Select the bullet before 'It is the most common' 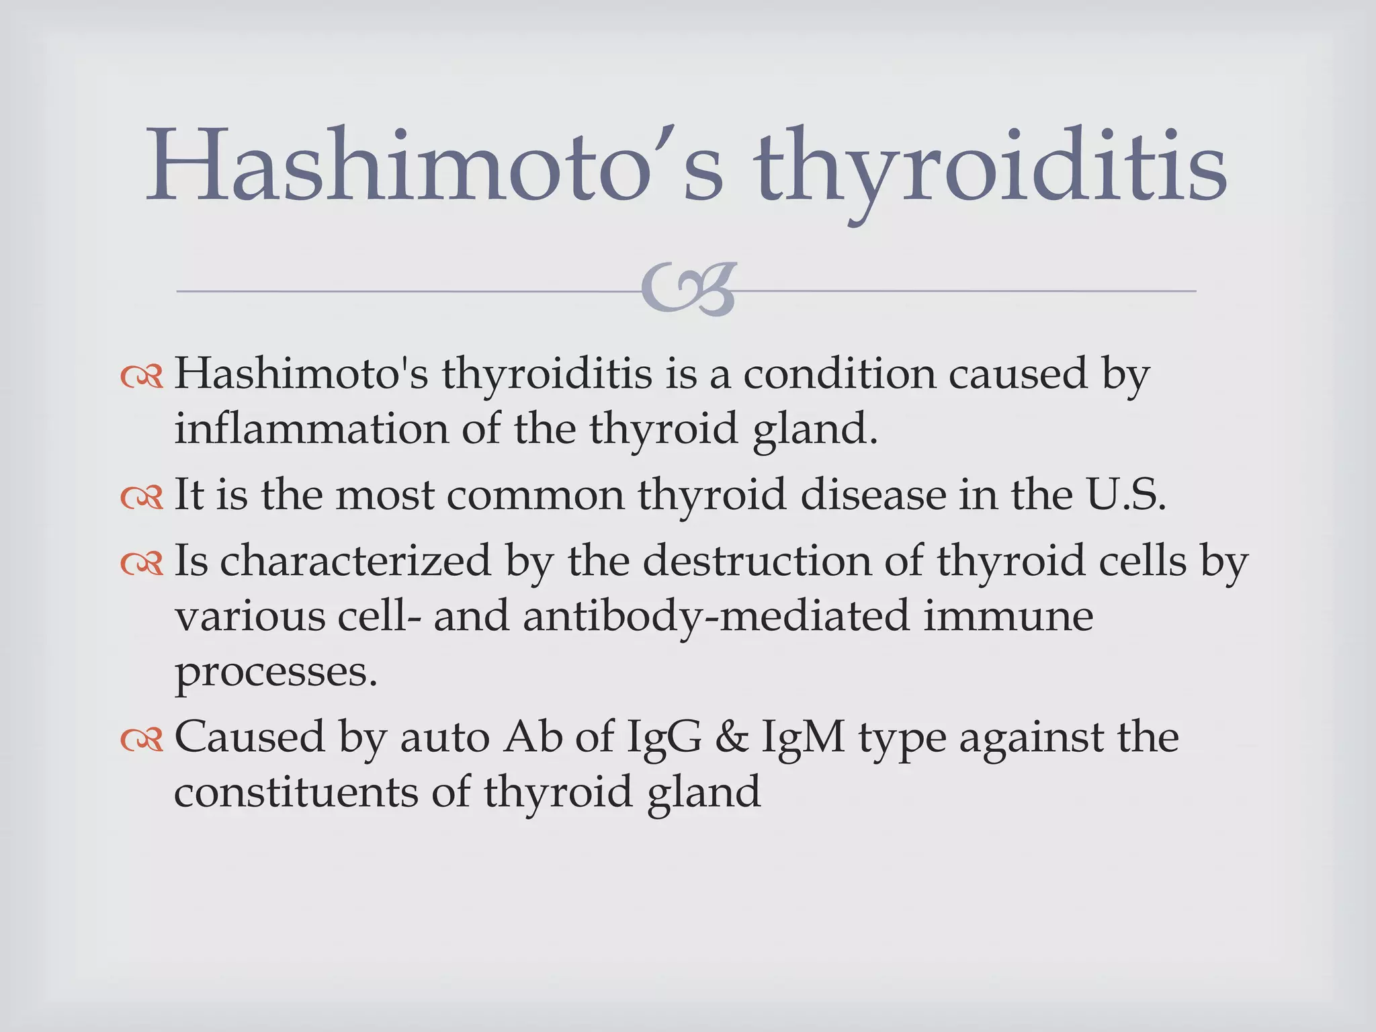point(142,497)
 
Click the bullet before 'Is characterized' point(142,564)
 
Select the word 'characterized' point(355,562)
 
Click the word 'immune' point(1008,616)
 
